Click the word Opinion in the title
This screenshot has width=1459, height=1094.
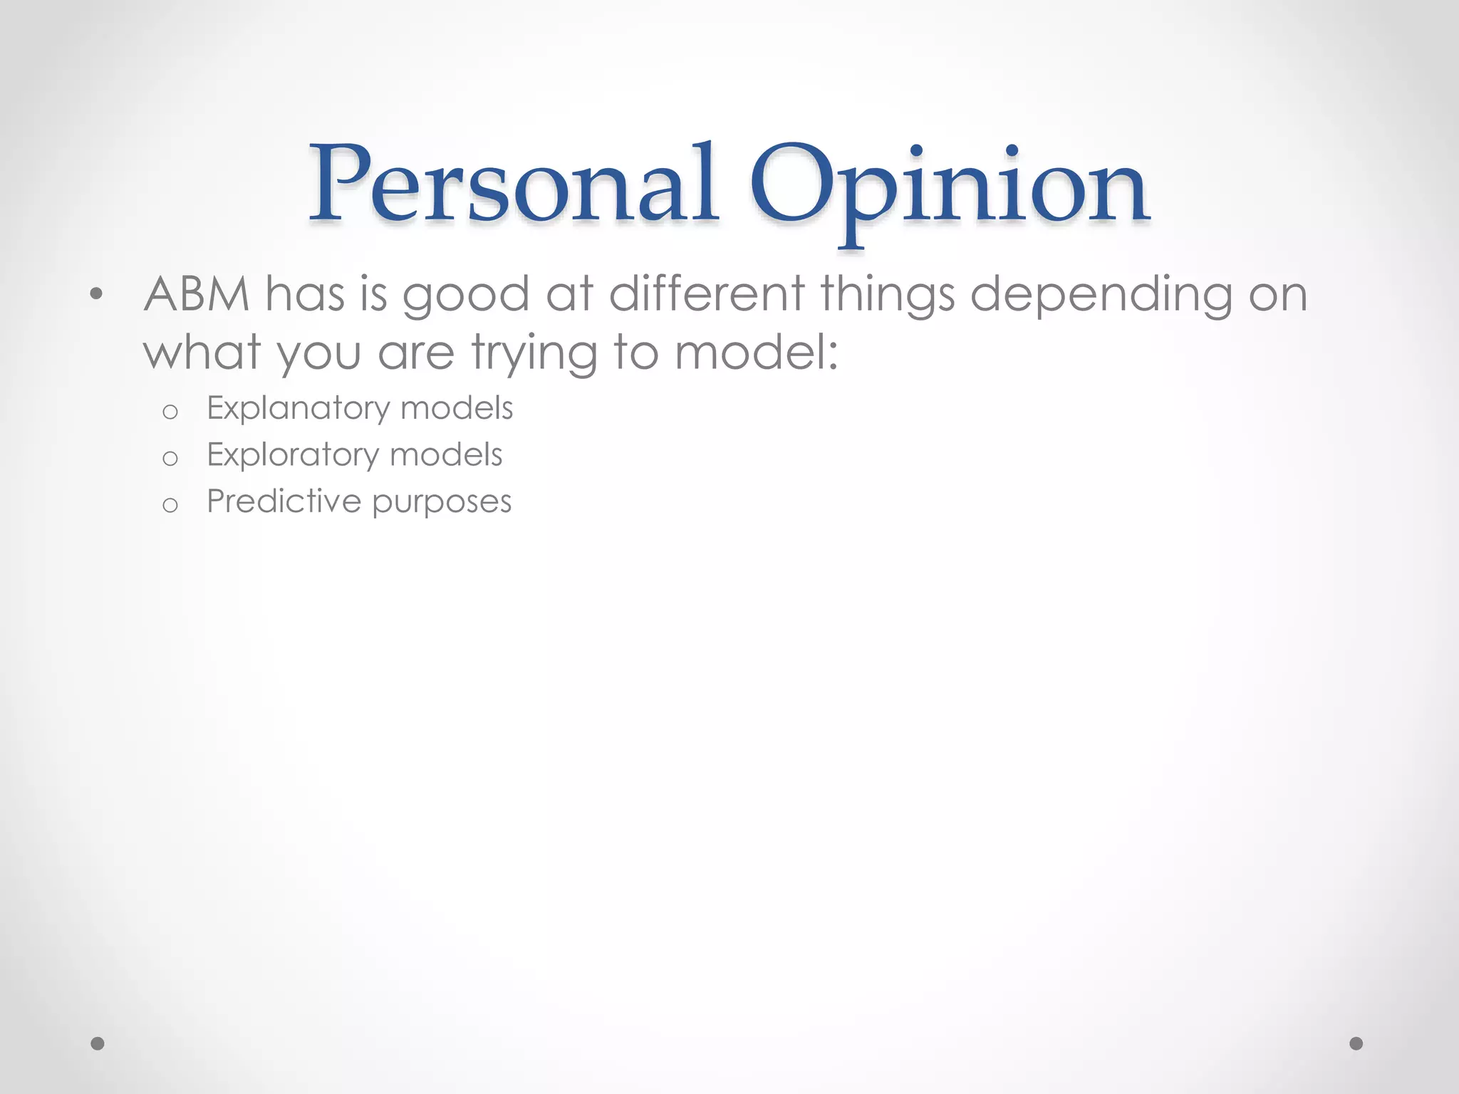pos(949,187)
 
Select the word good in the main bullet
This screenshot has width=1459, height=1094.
pos(466,295)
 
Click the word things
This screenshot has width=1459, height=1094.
pos(887,295)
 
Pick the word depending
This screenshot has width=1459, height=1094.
pos(1101,295)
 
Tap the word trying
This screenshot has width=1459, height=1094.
pos(534,353)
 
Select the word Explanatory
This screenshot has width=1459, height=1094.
pos(298,409)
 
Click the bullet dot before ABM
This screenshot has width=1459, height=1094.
pos(97,294)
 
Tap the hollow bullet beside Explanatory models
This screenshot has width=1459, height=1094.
pos(170,412)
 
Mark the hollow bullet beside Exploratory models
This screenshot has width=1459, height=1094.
pos(170,459)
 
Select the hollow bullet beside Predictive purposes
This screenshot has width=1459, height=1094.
pos(170,506)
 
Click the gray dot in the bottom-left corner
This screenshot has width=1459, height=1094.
pos(98,1043)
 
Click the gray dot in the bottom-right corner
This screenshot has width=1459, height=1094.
pos(1356,1043)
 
